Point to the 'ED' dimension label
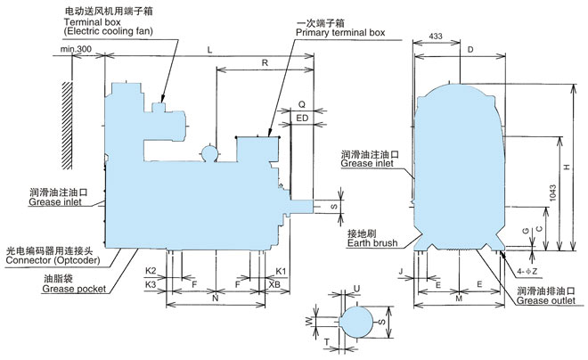coord(301,117)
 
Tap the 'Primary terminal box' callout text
coord(340,32)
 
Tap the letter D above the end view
coord(470,50)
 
